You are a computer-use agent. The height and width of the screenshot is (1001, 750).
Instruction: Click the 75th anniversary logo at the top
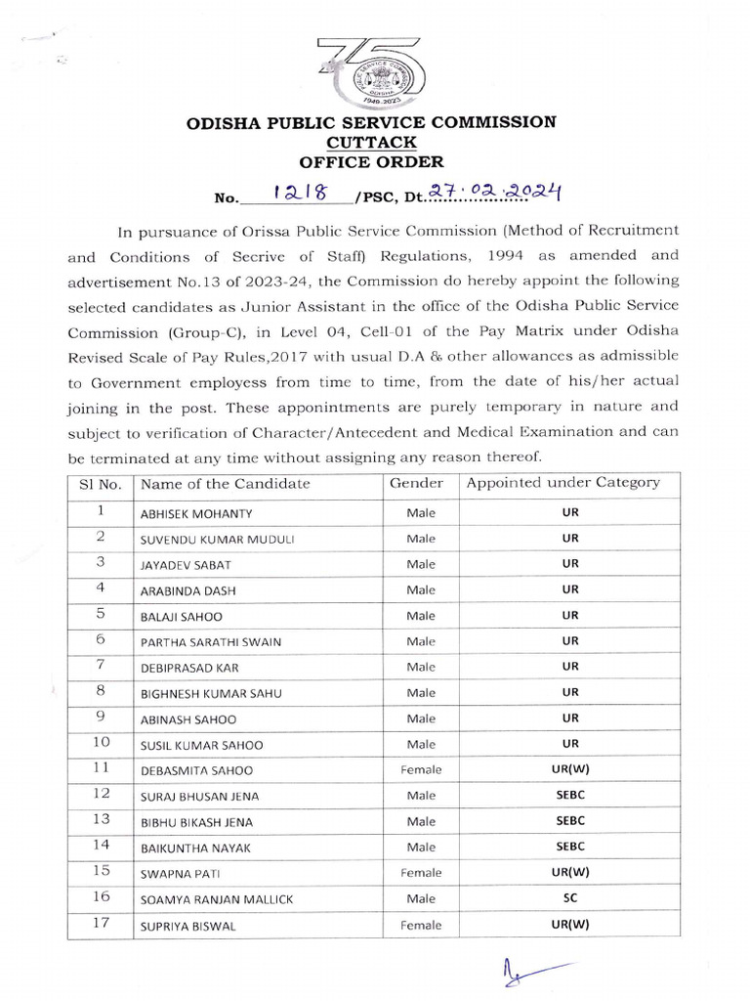tap(374, 65)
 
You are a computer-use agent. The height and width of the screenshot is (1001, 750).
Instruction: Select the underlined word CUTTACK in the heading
tap(372, 143)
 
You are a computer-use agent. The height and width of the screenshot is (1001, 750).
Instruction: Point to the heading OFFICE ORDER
tap(372, 162)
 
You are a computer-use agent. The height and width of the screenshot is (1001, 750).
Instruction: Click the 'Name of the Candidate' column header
tap(226, 484)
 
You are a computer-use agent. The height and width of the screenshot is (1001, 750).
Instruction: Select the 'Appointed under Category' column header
tap(562, 483)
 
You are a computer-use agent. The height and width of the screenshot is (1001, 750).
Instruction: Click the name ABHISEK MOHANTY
tap(196, 513)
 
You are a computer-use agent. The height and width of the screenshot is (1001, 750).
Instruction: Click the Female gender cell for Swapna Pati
tap(421, 873)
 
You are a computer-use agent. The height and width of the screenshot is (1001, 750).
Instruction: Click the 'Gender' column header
tap(417, 483)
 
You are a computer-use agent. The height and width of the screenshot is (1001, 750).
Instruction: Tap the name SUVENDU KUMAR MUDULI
tap(217, 540)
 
